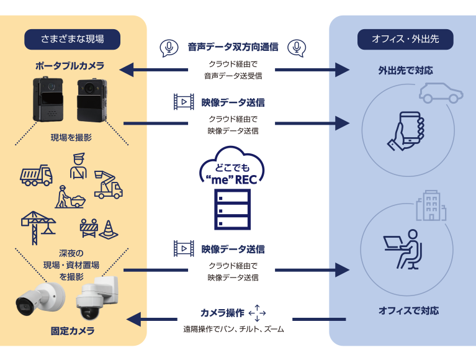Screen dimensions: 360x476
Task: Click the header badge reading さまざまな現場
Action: (72, 39)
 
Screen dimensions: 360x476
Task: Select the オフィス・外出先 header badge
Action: (405, 39)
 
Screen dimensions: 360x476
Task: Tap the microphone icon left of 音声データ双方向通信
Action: (167, 47)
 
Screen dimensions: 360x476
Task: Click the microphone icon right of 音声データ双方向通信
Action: (299, 47)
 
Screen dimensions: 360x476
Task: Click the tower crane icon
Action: (38, 222)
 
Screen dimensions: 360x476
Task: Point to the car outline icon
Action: (441, 92)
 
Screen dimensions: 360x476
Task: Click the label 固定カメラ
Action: (73, 331)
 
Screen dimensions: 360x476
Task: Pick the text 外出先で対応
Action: (405, 69)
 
